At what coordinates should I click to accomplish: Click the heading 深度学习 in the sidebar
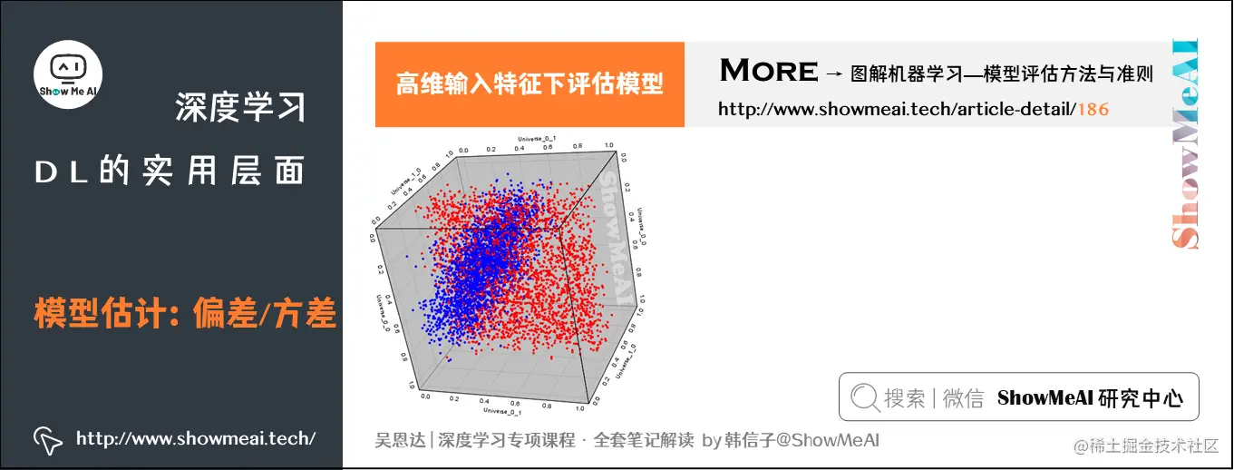pos(240,108)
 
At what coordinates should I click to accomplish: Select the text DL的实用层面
pos(170,172)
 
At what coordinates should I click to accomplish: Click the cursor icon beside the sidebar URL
pos(47,440)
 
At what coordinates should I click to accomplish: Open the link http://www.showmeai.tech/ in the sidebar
pos(196,439)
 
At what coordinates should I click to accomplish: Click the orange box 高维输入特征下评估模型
pos(530,84)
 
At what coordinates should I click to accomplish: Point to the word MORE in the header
pos(768,71)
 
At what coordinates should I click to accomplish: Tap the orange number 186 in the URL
pos(1093,110)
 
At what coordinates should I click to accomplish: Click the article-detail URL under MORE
pos(912,110)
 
